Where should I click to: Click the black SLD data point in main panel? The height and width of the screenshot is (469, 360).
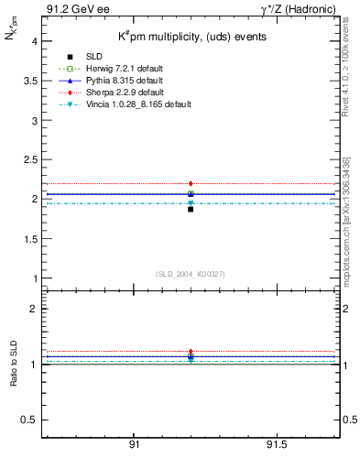[x=191, y=209]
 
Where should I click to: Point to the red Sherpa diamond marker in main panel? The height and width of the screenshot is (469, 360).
[x=191, y=184]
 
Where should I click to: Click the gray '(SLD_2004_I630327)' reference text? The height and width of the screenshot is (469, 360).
[x=191, y=274]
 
